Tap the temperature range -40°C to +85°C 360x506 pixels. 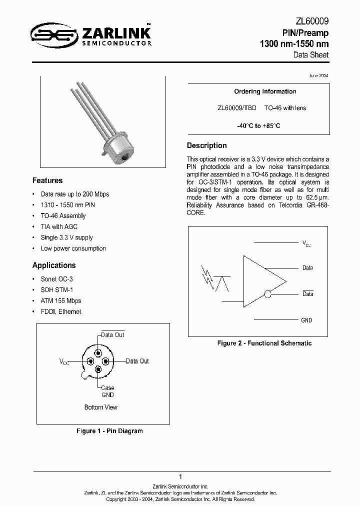[x=258, y=126]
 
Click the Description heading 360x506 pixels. [x=206, y=145]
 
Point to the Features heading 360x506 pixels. [x=47, y=180]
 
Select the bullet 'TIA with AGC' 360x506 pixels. [x=59, y=226]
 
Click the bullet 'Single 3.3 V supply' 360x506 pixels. [x=66, y=237]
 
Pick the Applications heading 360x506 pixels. [x=54, y=265]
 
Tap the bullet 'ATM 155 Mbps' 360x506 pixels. [x=60, y=300]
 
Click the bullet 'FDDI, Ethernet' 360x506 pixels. [x=60, y=311]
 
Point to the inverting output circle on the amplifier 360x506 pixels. [x=268, y=294]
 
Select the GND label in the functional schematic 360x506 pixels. [x=306, y=320]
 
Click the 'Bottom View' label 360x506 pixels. [x=100, y=407]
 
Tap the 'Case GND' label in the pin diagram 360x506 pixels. [x=107, y=391]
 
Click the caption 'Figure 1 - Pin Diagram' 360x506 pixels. [x=109, y=431]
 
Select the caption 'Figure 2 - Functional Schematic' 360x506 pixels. [x=264, y=343]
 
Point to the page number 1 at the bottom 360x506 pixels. [x=180, y=477]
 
